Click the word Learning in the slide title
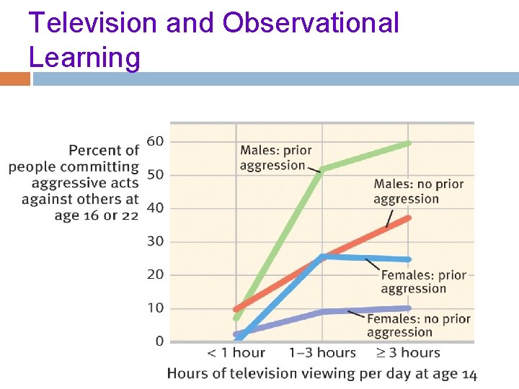84,56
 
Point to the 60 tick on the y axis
155,141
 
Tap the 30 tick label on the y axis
155,241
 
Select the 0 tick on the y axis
159,341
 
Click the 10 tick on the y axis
155,308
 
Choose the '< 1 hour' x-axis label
236,353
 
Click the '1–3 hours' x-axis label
322,353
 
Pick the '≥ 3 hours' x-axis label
409,353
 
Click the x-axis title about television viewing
321,373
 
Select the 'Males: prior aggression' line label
275,158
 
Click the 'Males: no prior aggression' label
418,191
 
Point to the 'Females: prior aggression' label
423,282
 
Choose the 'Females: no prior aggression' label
418,325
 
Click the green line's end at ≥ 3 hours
409,143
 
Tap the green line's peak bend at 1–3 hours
322,169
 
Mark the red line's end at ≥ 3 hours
409,218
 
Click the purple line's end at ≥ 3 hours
409,308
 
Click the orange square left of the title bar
15,79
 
